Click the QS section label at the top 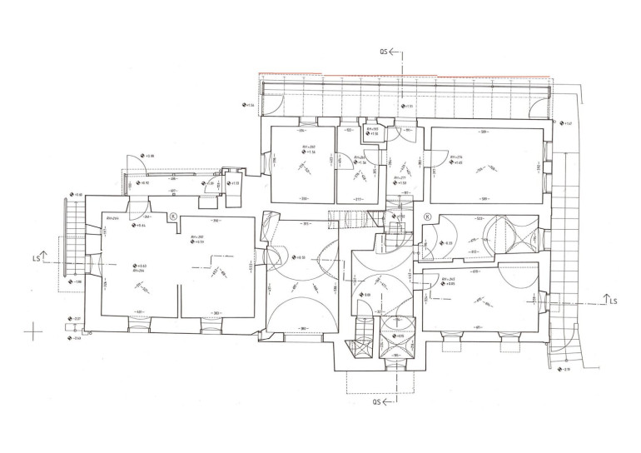point(385,51)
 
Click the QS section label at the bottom point(380,401)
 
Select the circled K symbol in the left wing point(173,217)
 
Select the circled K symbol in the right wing point(427,217)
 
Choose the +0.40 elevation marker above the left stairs point(77,195)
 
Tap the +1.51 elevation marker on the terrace point(405,107)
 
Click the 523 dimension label point(480,218)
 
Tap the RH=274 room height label point(455,157)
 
